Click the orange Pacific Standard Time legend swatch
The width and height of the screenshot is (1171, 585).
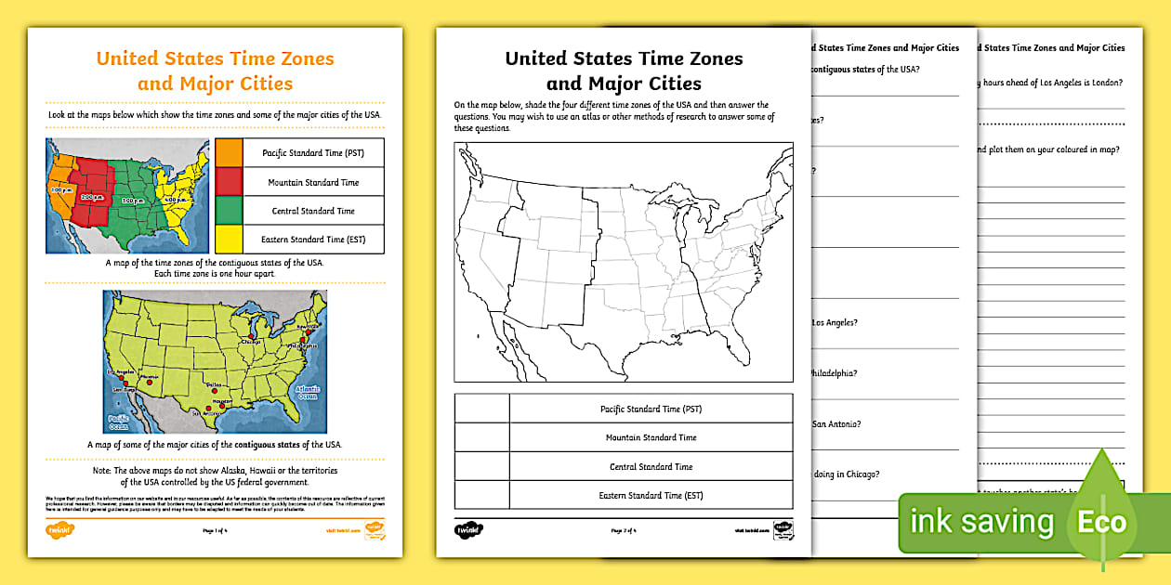click(229, 152)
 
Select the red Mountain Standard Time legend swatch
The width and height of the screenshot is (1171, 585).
click(229, 182)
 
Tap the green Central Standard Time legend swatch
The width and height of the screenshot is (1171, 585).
click(229, 211)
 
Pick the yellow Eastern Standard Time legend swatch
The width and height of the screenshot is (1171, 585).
click(229, 239)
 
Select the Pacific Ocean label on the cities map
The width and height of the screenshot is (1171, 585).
click(118, 422)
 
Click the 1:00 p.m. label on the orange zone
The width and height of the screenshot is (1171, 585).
click(59, 188)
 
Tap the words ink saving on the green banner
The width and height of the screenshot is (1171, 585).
click(981, 523)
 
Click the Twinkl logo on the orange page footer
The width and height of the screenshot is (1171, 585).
click(59, 530)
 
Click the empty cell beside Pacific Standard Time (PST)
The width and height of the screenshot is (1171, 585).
click(481, 409)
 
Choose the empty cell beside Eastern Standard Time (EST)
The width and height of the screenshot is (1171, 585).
click(481, 495)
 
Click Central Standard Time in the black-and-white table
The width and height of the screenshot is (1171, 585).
click(651, 467)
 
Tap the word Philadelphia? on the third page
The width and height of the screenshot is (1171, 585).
click(835, 373)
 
